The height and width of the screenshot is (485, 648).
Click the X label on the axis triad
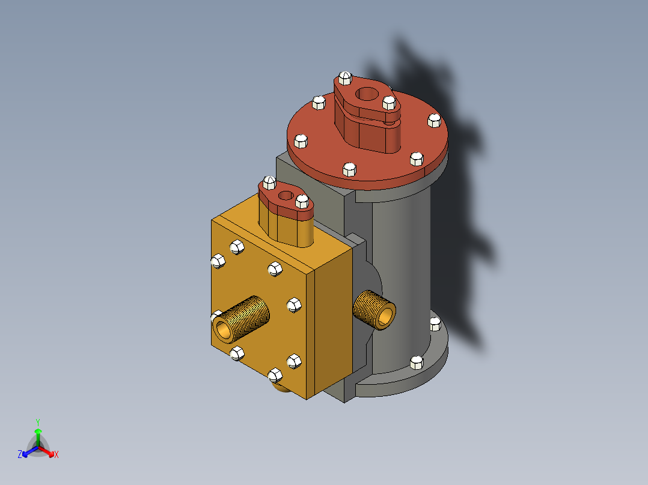point(57,455)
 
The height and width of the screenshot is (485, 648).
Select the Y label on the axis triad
point(38,422)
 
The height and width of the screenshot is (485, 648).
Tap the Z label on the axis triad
point(20,454)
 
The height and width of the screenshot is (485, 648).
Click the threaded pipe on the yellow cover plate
point(240,318)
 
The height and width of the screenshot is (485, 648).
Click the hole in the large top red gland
point(365,94)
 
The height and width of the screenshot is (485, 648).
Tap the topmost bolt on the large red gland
point(345,78)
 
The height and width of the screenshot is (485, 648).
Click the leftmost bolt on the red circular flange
point(300,142)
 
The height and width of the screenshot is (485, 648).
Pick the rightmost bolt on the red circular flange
point(434,121)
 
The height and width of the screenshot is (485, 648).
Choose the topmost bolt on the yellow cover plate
point(237,246)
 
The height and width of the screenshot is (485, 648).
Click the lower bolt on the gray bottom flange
point(416,362)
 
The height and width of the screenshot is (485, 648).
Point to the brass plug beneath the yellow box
point(281,387)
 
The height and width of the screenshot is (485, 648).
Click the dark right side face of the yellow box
point(331,324)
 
